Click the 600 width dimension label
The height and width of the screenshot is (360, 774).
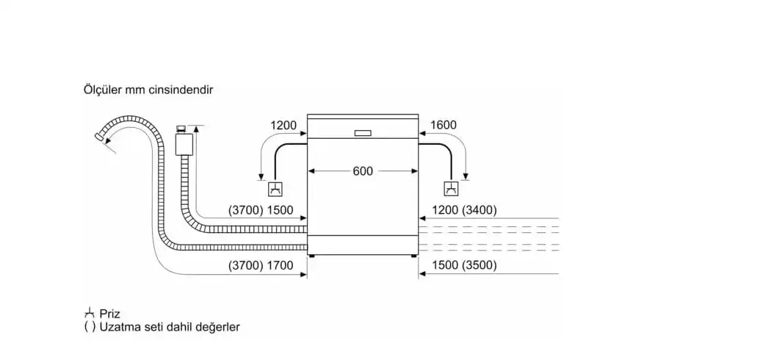[363, 171]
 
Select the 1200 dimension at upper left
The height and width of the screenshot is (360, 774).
[283, 126]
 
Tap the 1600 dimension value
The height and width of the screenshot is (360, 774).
[444, 126]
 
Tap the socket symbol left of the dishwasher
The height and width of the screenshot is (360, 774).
[275, 189]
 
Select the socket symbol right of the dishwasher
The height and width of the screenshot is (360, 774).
[451, 189]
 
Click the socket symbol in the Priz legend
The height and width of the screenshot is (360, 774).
[90, 313]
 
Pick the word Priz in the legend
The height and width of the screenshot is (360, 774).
[110, 314]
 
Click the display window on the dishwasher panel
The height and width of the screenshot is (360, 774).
[363, 134]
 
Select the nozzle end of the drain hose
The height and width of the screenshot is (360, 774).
[101, 138]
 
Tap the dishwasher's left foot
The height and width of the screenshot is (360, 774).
[313, 256]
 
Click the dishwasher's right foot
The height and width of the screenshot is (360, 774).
[412, 256]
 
